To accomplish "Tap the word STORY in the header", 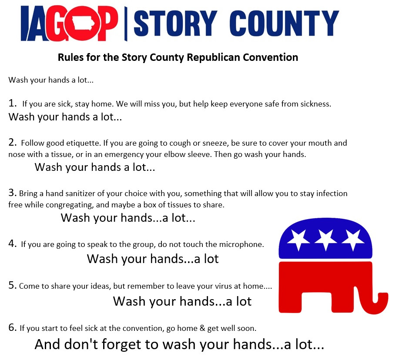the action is coord(175,23).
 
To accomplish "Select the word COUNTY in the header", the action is coord(284,23).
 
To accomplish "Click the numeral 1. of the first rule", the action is coord(12,103).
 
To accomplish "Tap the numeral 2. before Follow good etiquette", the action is coord(12,142).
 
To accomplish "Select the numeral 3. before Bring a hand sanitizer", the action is coord(12,193).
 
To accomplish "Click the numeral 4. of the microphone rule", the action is coord(12,243).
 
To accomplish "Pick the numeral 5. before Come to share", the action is coord(12,285).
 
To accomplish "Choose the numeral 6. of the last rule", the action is coord(12,327).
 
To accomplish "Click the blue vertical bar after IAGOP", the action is coord(125,24).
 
